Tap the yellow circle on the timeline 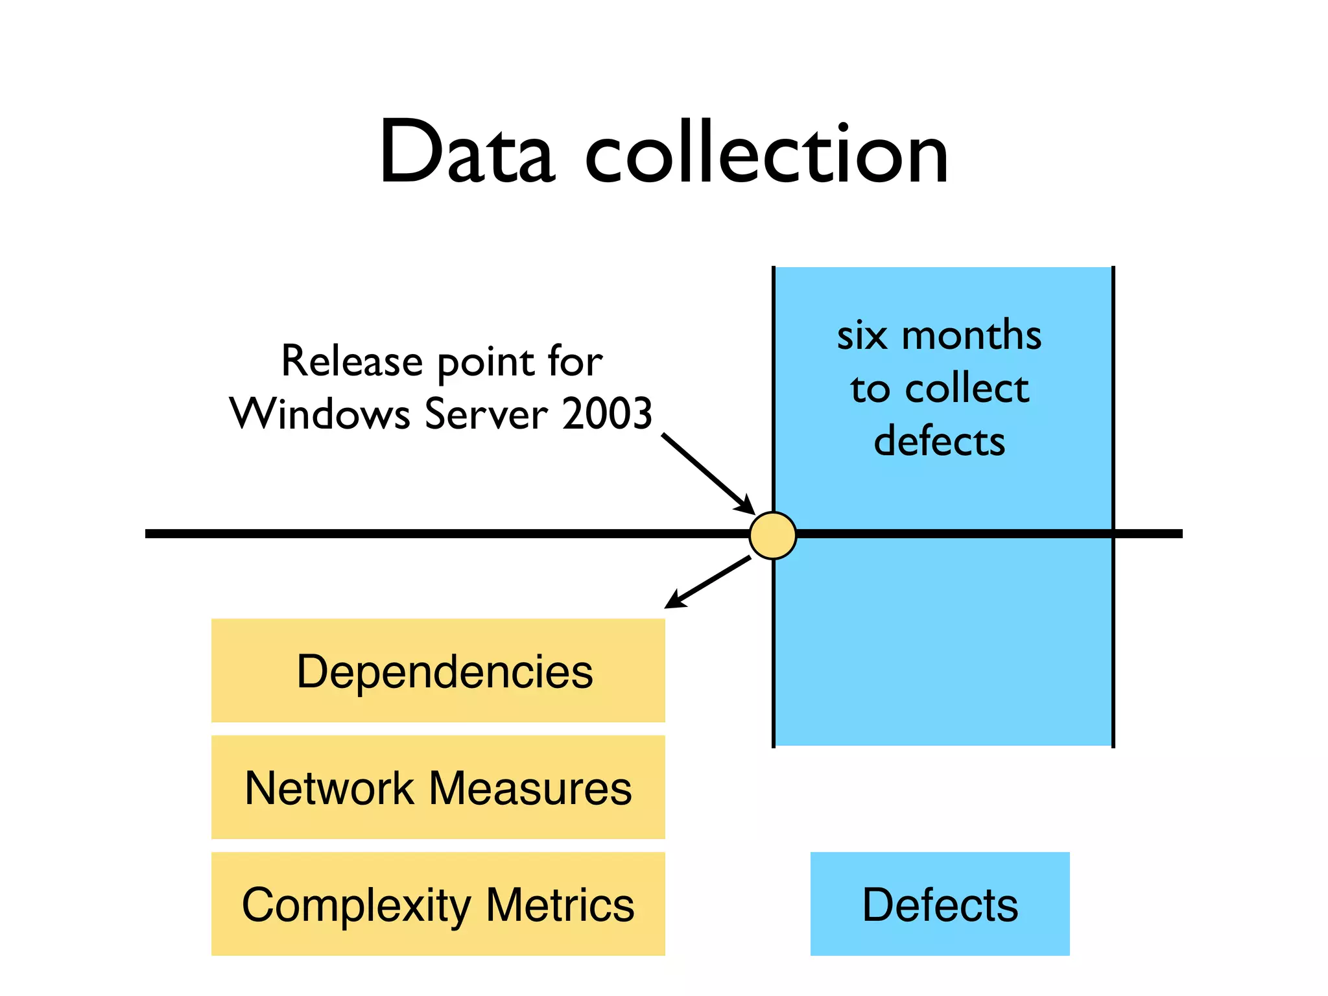pos(772,535)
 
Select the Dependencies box pos(438,670)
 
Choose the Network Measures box pos(438,787)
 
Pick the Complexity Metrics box pos(438,904)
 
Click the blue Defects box pos(940,904)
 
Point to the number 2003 pos(607,414)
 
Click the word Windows pos(320,414)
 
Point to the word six pos(862,336)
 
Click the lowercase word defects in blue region pos(940,442)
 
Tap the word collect pos(967,388)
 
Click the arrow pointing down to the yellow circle pos(708,474)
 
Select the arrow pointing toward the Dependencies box pos(708,582)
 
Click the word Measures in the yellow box pos(530,788)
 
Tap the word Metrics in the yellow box pos(560,905)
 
